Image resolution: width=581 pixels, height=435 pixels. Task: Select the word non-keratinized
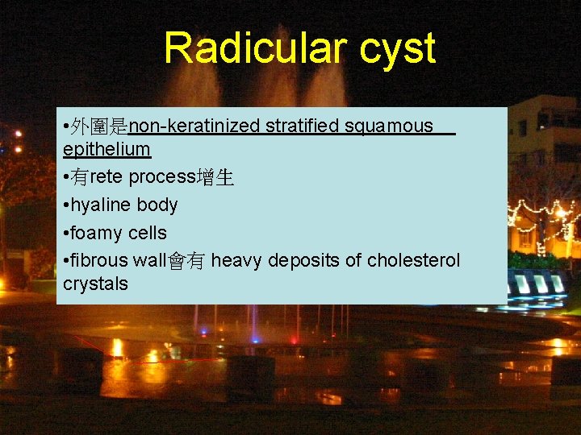[x=194, y=126]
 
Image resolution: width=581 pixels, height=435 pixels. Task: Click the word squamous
[x=389, y=127]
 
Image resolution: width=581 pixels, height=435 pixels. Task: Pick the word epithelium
[x=107, y=150]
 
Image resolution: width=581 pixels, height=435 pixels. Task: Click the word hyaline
[x=100, y=205]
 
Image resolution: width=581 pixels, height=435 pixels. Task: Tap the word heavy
[x=236, y=261]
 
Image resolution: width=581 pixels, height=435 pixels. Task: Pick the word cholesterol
[x=413, y=261]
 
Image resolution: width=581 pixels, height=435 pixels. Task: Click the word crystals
[x=95, y=284]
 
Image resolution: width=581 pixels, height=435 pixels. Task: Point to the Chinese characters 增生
[x=217, y=178]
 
